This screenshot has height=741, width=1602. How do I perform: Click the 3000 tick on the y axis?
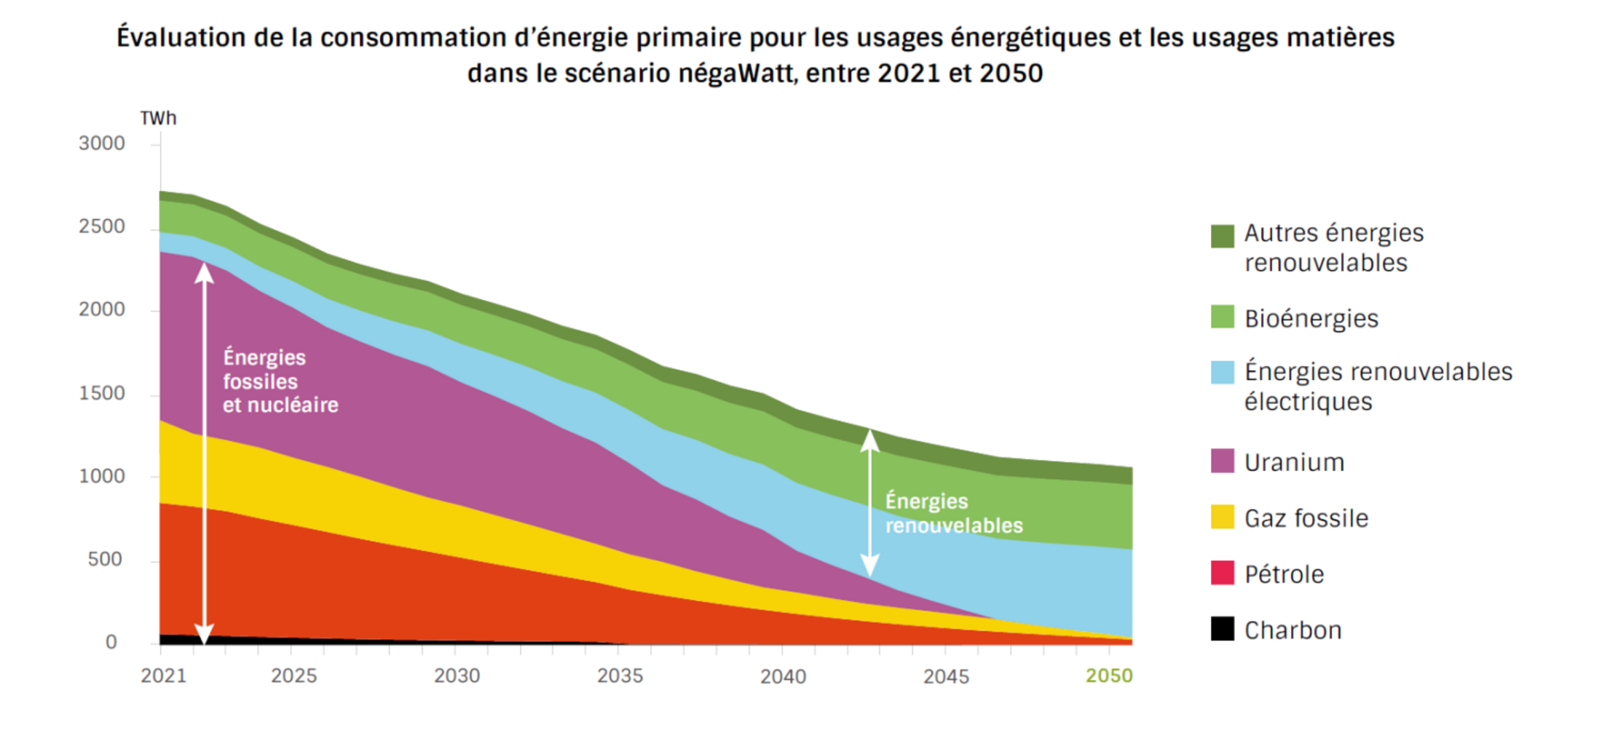[102, 143]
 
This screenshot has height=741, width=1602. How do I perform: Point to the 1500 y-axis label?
[102, 393]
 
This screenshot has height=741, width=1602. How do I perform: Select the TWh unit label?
[158, 118]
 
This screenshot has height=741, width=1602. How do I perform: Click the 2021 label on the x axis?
[163, 676]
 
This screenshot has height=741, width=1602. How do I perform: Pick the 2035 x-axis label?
[620, 676]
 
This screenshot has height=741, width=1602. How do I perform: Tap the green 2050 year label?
[1108, 676]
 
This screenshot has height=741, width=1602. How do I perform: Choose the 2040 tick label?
[783, 676]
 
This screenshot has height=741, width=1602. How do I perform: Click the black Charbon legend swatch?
[1222, 629]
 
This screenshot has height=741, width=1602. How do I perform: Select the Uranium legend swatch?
[1222, 461]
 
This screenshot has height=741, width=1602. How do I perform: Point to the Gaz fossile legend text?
[1306, 518]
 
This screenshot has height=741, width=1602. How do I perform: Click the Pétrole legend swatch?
[1222, 574]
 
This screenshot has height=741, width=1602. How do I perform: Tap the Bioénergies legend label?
[1311, 319]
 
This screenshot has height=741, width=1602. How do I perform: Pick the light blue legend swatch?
[1222, 373]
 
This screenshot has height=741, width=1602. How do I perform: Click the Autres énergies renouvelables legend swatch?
[1222, 236]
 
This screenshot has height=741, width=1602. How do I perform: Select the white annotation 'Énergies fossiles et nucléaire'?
[280, 381]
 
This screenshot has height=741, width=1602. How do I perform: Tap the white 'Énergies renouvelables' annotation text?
[953, 513]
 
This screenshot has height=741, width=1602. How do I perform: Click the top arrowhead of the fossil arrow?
[205, 272]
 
